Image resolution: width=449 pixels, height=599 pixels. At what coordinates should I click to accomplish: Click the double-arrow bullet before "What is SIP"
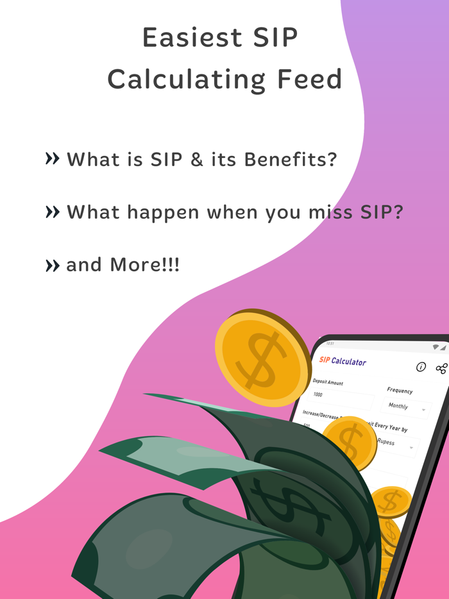pyautogui.click(x=53, y=158)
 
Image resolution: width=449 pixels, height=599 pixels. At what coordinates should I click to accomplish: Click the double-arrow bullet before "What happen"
pyautogui.click(x=53, y=212)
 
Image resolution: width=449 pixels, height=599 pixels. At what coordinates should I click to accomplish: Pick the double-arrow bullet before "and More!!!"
pyautogui.click(x=53, y=265)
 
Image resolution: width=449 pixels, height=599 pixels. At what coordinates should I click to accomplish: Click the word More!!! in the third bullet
pyautogui.click(x=145, y=264)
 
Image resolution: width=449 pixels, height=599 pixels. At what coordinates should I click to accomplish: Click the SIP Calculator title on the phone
pyautogui.click(x=343, y=361)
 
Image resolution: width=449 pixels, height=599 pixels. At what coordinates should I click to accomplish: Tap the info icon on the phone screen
pyautogui.click(x=421, y=367)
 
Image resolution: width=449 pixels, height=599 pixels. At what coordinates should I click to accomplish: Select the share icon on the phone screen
pyautogui.click(x=441, y=368)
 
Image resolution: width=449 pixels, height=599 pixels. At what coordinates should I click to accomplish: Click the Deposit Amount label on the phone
pyautogui.click(x=328, y=382)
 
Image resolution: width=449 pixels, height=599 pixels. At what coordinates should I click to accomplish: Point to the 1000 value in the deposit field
pyautogui.click(x=318, y=394)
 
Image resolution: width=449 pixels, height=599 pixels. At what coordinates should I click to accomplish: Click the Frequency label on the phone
pyautogui.click(x=400, y=391)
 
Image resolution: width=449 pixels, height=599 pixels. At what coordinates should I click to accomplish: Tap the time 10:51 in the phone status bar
pyautogui.click(x=330, y=344)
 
